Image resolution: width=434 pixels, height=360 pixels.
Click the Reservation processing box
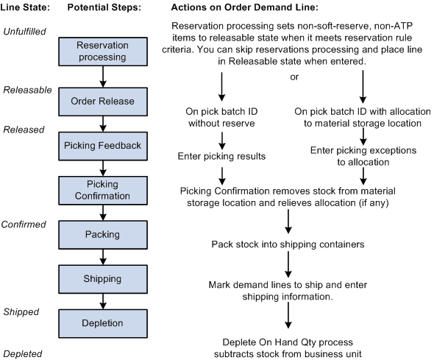coord(103,52)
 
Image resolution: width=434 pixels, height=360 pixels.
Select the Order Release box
coord(103,101)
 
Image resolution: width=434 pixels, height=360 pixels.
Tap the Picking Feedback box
coord(103,146)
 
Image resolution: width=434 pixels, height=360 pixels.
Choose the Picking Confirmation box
coord(103,189)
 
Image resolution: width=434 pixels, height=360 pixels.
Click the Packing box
coord(103,235)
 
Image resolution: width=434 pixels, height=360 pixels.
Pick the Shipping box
coord(103,278)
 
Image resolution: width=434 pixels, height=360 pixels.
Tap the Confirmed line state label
coord(24,224)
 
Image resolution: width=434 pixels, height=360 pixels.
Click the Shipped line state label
coord(21,311)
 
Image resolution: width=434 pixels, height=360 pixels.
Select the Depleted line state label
coord(22,354)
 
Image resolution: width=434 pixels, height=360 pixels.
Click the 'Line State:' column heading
coord(25,7)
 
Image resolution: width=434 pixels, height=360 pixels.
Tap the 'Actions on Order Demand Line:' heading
coord(243,7)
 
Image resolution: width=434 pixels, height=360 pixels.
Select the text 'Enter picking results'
coord(222,156)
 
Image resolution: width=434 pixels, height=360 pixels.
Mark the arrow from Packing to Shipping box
coord(103,257)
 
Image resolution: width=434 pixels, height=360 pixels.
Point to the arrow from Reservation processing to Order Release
coord(103,77)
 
